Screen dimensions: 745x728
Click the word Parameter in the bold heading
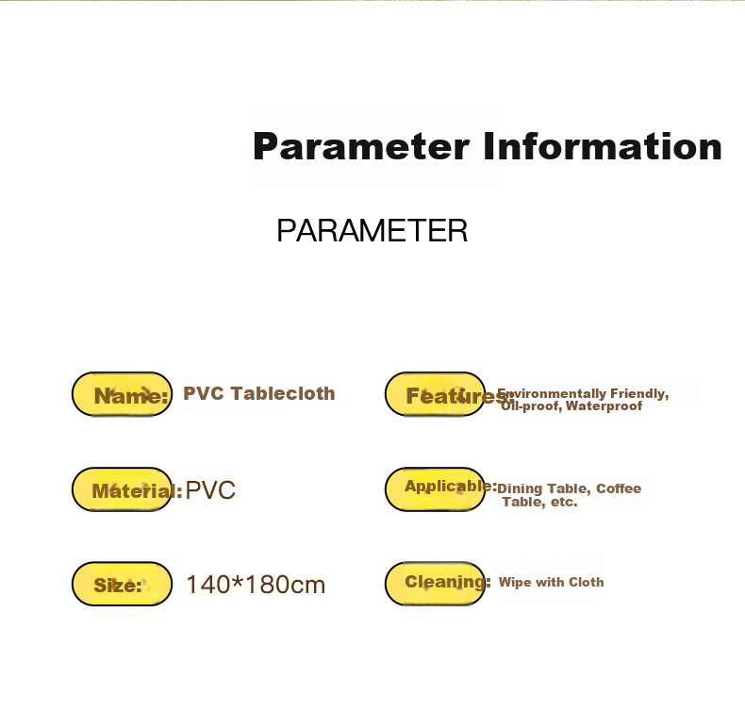tap(361, 147)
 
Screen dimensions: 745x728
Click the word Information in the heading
tap(603, 146)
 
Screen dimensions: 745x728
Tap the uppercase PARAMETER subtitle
tap(372, 230)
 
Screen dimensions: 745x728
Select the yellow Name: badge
tap(122, 394)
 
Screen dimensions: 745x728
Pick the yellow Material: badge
tap(122, 489)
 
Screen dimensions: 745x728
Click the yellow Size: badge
tap(122, 584)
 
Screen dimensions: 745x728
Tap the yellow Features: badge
tap(436, 394)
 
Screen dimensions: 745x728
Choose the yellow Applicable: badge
tap(436, 489)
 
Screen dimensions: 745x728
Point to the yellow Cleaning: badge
tap(436, 584)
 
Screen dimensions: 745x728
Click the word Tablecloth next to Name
tap(283, 393)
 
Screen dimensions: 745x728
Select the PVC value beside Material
tap(210, 490)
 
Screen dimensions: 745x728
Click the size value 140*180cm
tap(256, 585)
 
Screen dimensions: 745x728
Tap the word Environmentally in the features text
tap(552, 394)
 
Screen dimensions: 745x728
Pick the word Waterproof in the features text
tap(604, 405)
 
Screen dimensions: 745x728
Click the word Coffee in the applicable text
tap(619, 488)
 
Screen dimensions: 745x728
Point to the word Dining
tap(520, 489)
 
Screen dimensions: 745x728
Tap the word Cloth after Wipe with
tap(587, 582)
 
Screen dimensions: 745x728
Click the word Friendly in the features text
tap(639, 394)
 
